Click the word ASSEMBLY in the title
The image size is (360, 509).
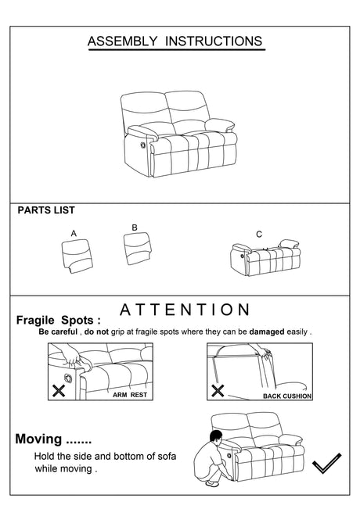[x=122, y=41]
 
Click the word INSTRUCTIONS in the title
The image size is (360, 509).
[x=214, y=41]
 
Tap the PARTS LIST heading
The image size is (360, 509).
[x=46, y=210]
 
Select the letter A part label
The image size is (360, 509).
[x=74, y=234]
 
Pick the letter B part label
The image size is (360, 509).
[x=135, y=228]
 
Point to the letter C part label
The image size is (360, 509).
[x=259, y=235]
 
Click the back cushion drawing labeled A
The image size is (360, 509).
[x=77, y=256]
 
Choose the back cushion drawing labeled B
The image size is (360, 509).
[x=138, y=249]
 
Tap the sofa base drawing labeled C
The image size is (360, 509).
[x=265, y=258]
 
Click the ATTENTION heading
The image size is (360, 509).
[x=185, y=310]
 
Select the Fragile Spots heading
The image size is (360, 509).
[x=59, y=321]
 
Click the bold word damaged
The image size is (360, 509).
[x=267, y=332]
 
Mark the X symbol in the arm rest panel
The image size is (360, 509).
[x=59, y=391]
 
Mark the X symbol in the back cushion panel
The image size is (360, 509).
[x=218, y=391]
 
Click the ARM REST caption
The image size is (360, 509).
[x=130, y=395]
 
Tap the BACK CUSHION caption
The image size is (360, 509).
[x=287, y=396]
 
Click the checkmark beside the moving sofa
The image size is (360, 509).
[x=326, y=463]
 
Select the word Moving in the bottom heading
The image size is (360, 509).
[x=38, y=439]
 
